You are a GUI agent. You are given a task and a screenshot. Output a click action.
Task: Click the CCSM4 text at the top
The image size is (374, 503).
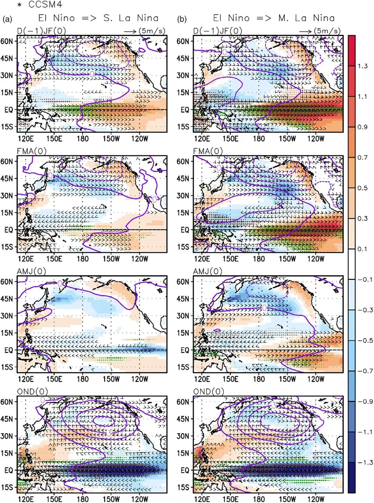point(45,5)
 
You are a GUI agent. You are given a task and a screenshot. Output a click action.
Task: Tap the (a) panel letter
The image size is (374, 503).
point(7,19)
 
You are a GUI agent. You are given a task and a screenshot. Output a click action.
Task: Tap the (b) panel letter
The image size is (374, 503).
point(182,19)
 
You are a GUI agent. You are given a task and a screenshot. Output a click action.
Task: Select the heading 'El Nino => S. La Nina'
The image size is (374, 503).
point(98,18)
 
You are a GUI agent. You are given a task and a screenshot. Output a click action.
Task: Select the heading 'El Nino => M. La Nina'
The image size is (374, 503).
point(274,18)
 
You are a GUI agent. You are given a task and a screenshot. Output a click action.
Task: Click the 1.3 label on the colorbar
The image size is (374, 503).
point(363,66)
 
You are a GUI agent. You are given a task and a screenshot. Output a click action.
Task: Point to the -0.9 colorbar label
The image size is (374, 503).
point(365,401)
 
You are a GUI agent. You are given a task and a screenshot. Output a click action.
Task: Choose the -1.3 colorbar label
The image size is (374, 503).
point(365,462)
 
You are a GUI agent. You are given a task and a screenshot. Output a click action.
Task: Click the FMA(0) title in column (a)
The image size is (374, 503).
point(32,151)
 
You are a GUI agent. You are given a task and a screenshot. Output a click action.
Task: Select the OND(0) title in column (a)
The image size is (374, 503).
point(33,392)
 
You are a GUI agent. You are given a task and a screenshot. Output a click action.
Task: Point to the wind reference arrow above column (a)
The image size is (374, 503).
point(130,32)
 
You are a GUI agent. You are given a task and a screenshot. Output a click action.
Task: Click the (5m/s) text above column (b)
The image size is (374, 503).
point(327,31)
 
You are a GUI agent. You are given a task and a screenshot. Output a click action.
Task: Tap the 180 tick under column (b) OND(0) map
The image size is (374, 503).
point(259,499)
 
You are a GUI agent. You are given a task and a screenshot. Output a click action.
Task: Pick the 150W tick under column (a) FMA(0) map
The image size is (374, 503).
point(111,258)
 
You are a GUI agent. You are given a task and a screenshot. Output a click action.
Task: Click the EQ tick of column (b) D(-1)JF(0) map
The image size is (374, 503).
point(185,110)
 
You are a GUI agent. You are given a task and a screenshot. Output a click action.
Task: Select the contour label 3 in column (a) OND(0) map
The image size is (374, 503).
point(109,433)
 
